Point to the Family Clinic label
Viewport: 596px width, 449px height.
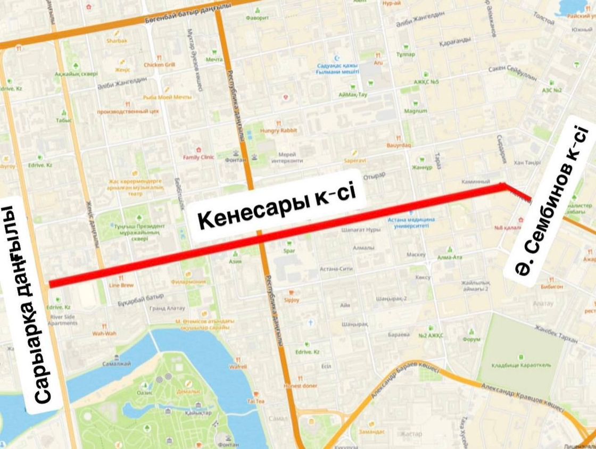[x=198, y=157]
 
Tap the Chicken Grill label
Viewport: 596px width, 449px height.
[x=159, y=65]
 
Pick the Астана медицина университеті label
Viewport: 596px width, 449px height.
[x=411, y=222]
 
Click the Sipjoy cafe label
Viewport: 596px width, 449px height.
[x=292, y=300]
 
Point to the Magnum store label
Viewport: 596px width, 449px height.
[x=416, y=111]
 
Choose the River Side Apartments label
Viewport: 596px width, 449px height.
[x=62, y=320]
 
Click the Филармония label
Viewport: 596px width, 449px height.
[x=188, y=282]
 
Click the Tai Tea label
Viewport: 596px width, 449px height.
[x=255, y=401]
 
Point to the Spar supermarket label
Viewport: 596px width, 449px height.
[x=289, y=250]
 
